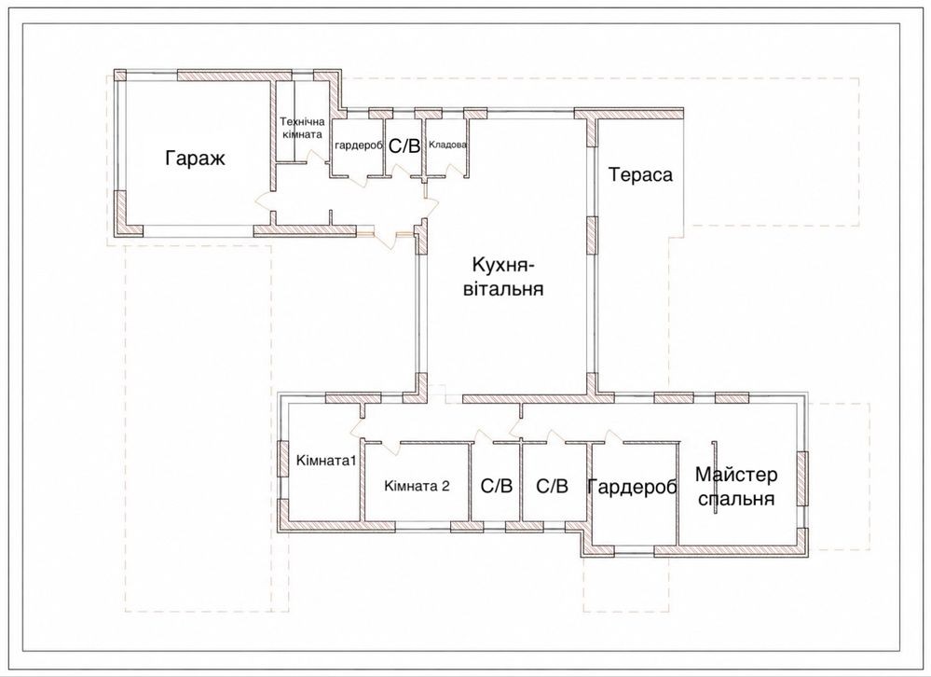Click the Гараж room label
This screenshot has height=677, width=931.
pyautogui.click(x=196, y=159)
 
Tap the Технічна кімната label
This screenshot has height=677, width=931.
pyautogui.click(x=302, y=128)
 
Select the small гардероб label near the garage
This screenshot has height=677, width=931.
pyautogui.click(x=358, y=145)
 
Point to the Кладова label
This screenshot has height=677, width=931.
pyautogui.click(x=447, y=145)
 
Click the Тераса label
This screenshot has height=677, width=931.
pyautogui.click(x=640, y=174)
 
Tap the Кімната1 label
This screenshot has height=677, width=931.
pyautogui.click(x=326, y=461)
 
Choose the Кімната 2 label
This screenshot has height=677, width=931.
pyautogui.click(x=417, y=486)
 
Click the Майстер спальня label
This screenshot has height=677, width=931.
pyautogui.click(x=736, y=487)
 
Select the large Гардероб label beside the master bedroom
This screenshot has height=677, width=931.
pyautogui.click(x=632, y=487)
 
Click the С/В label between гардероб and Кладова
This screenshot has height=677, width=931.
pyautogui.click(x=404, y=145)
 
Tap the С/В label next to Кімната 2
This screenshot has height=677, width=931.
pyautogui.click(x=497, y=487)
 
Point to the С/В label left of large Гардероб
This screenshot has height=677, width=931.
pyautogui.click(x=553, y=487)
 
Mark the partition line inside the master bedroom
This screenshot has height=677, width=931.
pyautogui.click(x=714, y=478)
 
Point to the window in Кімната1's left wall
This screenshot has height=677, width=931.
pyautogui.click(x=282, y=458)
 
